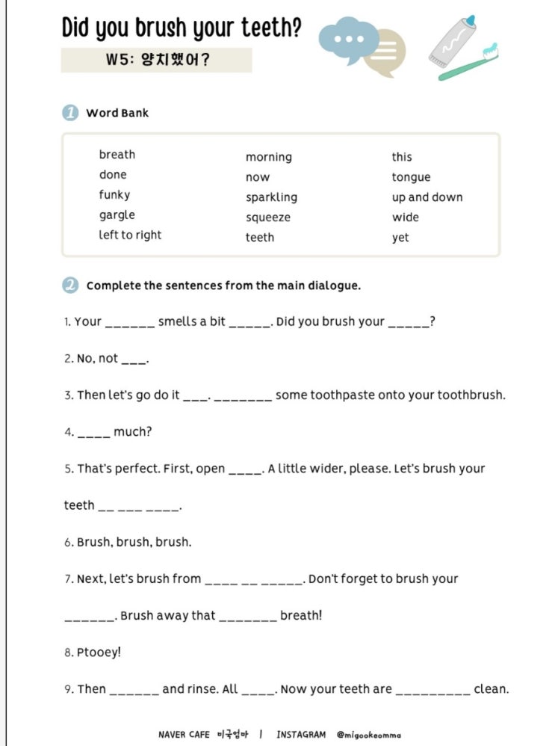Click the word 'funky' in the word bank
(114, 195)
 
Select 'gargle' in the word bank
(117, 215)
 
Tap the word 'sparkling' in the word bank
(271, 197)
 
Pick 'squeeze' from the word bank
(267, 218)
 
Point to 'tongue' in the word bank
(411, 177)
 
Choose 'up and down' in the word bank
(427, 197)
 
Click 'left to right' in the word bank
(130, 235)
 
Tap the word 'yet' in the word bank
(400, 238)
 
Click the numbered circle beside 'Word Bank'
(70, 113)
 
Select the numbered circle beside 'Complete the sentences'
(70, 286)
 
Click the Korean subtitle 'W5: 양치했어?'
(157, 60)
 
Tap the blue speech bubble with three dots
(347, 37)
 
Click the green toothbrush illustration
(467, 65)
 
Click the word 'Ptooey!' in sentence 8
(99, 653)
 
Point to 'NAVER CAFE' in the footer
(184, 735)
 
